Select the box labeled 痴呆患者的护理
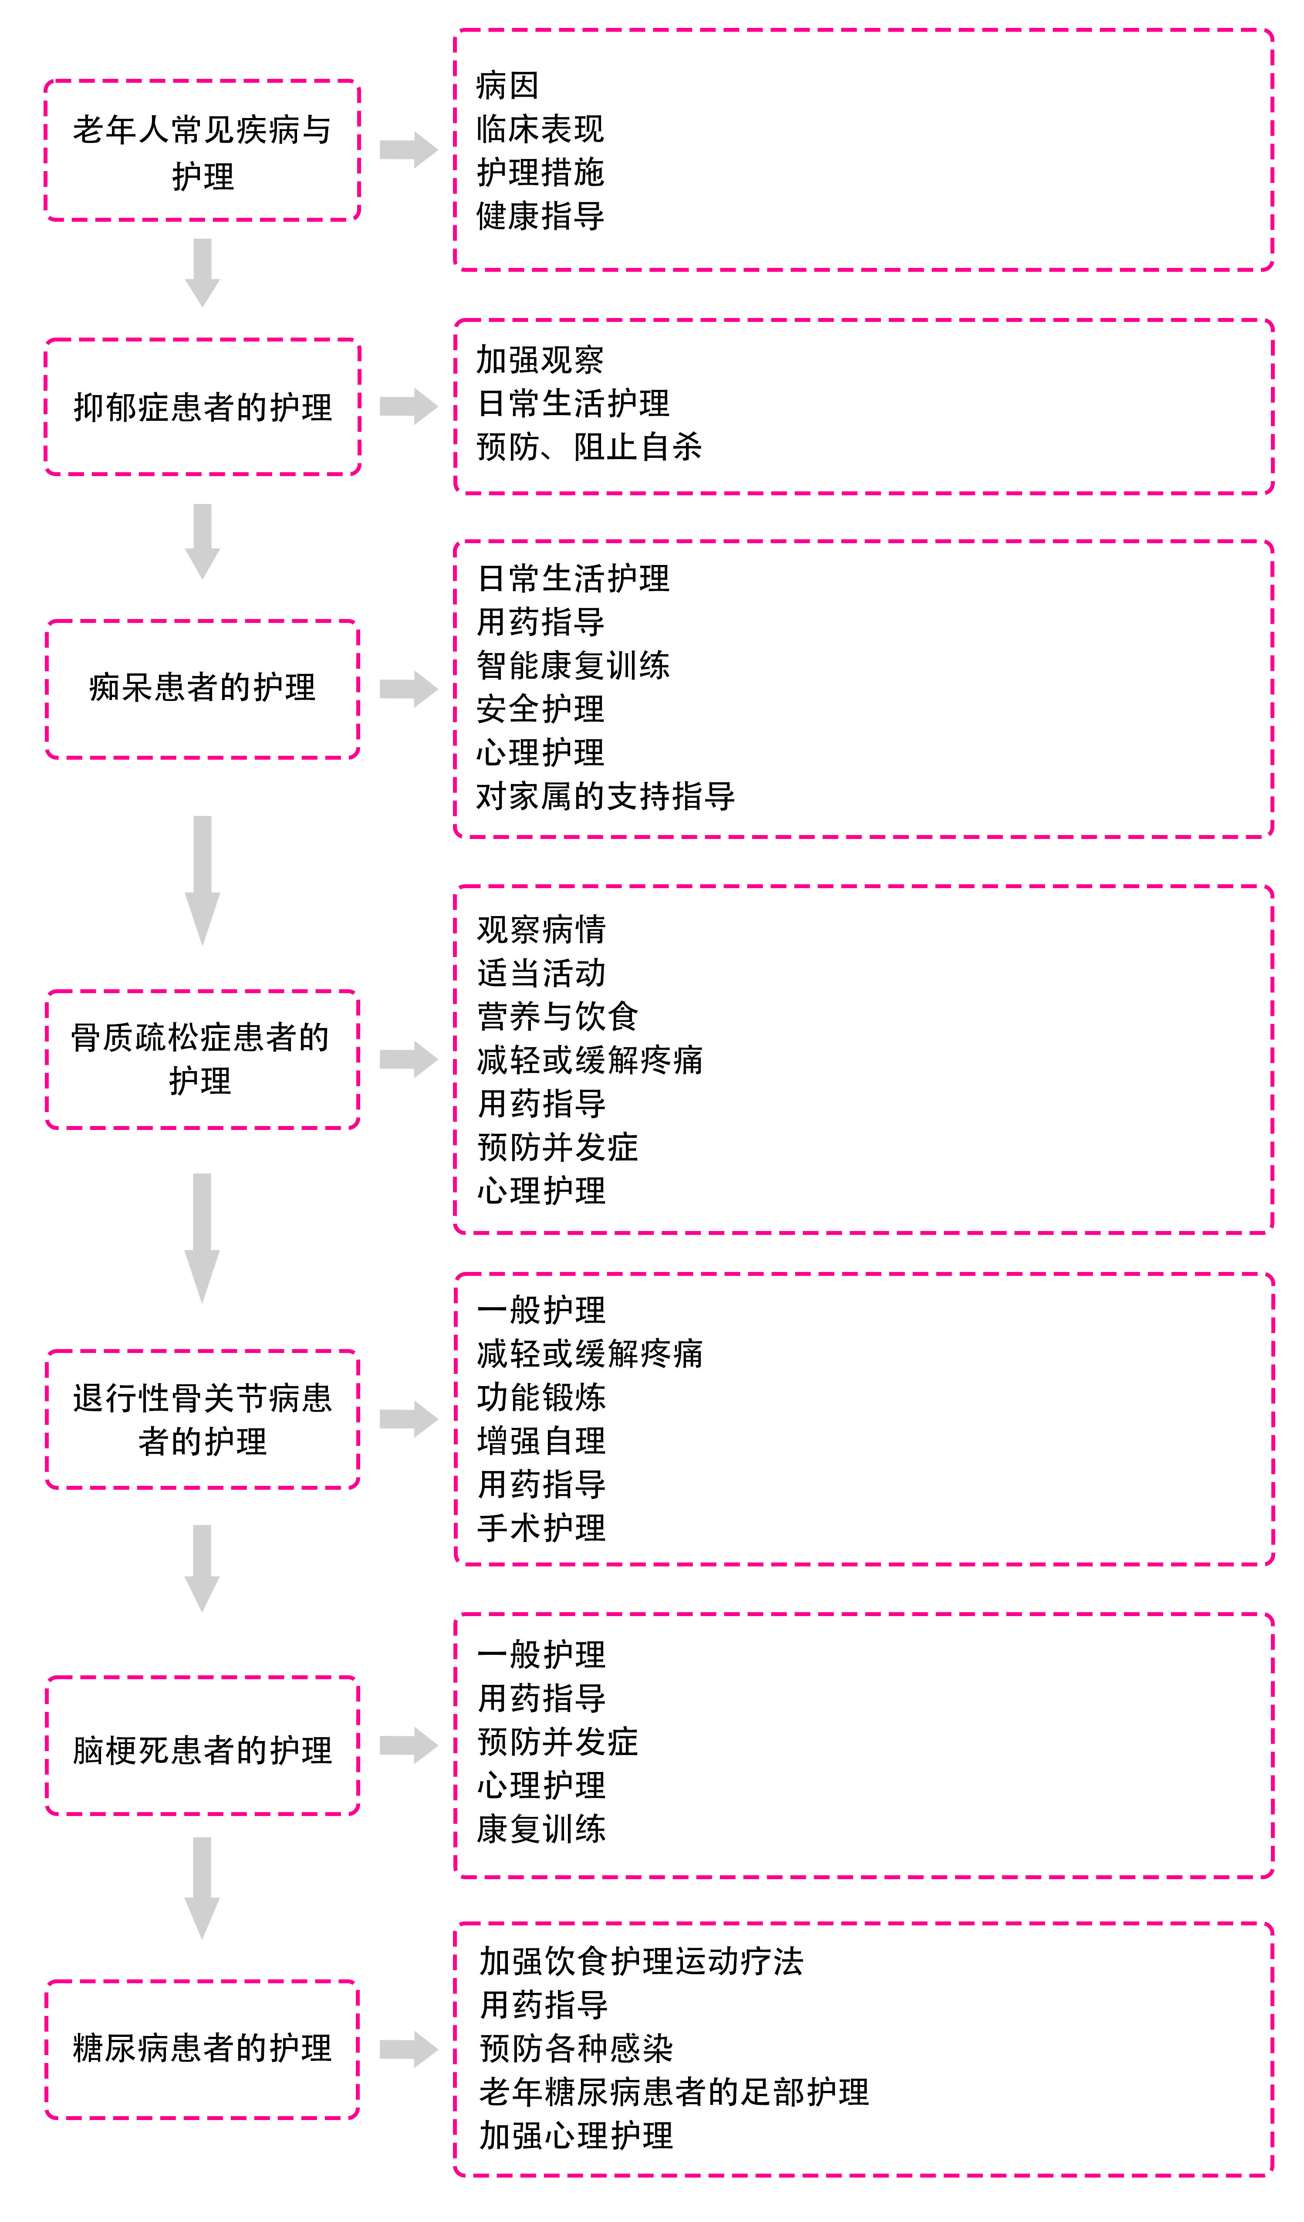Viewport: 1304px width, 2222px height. [203, 688]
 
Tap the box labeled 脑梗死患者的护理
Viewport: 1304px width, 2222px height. [203, 1750]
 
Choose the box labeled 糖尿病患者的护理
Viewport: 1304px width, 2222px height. [203, 2047]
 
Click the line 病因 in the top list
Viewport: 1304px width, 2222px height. [507, 85]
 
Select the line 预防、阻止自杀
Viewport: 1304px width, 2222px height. [589, 447]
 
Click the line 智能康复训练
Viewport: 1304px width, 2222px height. [573, 665]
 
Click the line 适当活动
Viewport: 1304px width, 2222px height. [541, 973]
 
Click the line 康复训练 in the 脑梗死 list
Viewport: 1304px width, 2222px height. [541, 1829]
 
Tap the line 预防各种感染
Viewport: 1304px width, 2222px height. [576, 2048]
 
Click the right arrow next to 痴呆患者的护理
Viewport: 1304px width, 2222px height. [408, 689]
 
